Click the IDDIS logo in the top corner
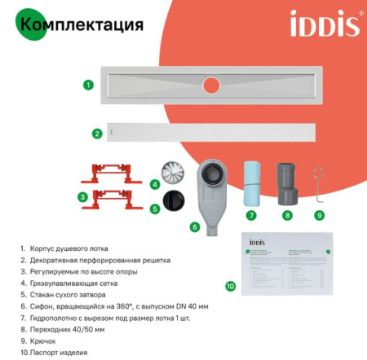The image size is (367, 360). click(x=325, y=24)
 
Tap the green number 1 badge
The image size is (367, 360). click(x=88, y=84)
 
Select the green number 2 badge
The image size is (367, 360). click(x=97, y=134)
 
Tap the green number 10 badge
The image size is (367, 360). click(x=230, y=286)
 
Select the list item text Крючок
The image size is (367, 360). click(x=42, y=341)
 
